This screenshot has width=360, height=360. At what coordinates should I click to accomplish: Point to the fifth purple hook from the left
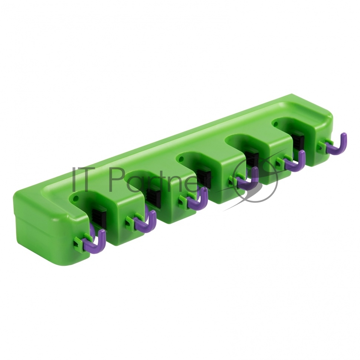[x=298, y=162]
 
